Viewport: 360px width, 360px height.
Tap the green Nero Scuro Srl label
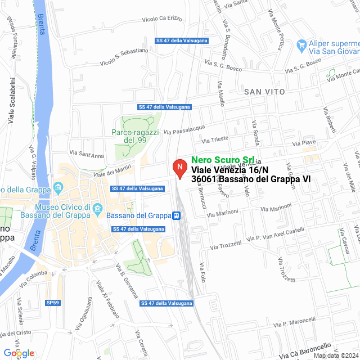222,160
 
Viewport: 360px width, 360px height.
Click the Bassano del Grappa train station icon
177,215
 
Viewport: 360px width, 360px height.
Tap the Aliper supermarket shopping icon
302,44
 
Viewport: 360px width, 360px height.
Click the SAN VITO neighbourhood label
264,91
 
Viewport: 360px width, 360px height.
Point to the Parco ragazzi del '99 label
136,136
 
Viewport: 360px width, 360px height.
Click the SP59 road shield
52,303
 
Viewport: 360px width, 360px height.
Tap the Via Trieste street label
215,139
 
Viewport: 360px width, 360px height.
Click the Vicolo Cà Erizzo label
163,19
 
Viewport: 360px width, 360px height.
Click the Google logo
19,353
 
